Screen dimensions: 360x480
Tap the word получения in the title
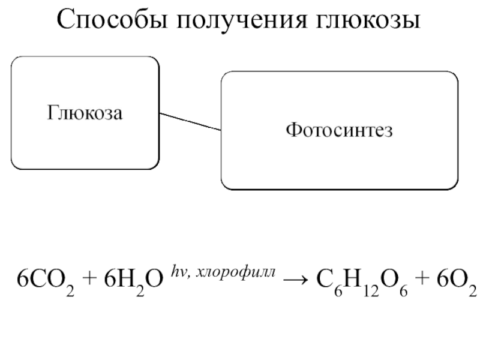[x=241, y=22]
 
